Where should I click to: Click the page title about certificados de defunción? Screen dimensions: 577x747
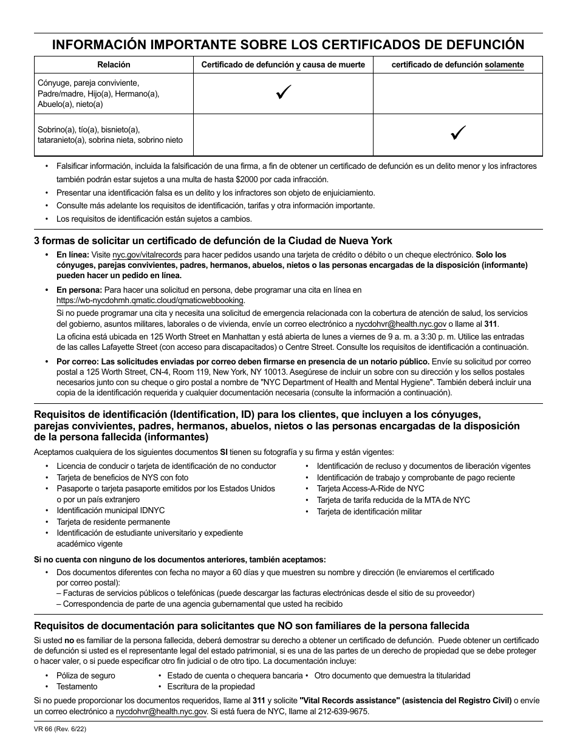click(288, 44)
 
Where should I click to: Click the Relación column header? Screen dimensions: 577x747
click(114, 64)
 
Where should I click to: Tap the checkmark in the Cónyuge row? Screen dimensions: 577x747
click(283, 93)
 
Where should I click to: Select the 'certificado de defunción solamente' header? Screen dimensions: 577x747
click(457, 64)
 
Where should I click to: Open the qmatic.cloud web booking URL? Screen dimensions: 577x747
click(150, 301)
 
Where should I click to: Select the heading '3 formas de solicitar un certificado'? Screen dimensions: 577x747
click(213, 240)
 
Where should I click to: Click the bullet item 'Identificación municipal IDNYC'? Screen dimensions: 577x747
click(111, 511)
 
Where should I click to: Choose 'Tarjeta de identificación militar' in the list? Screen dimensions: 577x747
click(369, 511)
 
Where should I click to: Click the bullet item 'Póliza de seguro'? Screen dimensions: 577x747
click(85, 675)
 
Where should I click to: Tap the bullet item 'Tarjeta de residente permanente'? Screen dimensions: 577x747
click(113, 522)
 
